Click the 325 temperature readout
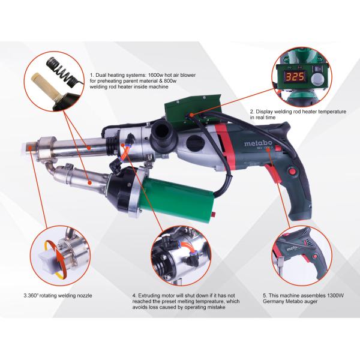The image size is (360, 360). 295,77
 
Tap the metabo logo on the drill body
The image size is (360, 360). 258,143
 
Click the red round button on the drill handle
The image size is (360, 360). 292,171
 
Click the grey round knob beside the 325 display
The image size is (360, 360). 317,79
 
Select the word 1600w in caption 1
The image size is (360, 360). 155,75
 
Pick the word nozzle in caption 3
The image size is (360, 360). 84,295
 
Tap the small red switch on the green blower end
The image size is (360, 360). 213,214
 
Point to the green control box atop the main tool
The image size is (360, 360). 193,108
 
